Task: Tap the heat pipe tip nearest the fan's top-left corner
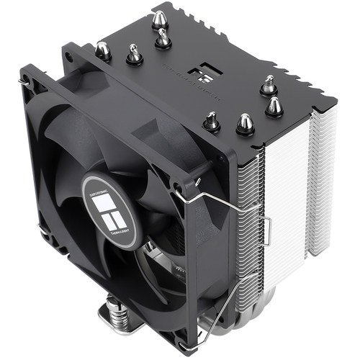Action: pos(103,48)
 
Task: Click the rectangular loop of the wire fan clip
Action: pos(266,229)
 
